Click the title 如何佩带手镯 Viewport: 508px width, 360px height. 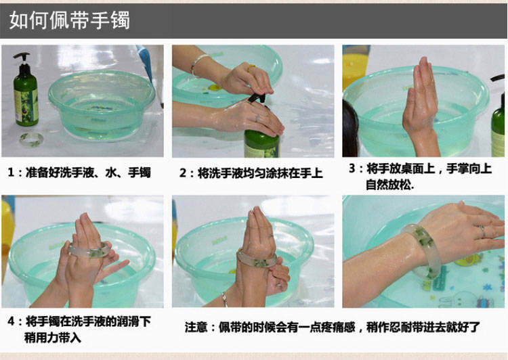tap(70, 20)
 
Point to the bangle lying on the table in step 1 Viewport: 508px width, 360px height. tap(31, 139)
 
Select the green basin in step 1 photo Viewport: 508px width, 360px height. tap(102, 105)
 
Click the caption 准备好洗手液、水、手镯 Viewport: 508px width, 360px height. tap(88, 173)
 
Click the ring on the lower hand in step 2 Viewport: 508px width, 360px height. tap(257, 118)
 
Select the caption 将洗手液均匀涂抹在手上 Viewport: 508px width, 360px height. tap(260, 173)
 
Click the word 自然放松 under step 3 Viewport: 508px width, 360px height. tap(389, 185)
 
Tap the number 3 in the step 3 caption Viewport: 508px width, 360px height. tap(352, 168)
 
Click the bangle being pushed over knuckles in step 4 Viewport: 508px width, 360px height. tap(89, 250)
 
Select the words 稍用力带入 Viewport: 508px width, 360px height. tap(52, 338)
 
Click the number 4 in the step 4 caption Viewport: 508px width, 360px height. tap(12, 321)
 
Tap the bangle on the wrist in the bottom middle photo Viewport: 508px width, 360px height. tap(257, 260)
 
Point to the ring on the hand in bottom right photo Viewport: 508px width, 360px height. tap(482, 231)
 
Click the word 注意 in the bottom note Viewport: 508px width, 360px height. tap(196, 328)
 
